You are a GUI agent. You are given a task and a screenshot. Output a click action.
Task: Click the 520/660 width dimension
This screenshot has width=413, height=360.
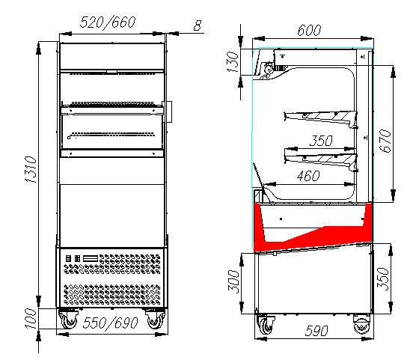click(108, 22)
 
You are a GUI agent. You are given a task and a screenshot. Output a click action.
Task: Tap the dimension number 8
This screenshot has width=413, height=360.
click(198, 25)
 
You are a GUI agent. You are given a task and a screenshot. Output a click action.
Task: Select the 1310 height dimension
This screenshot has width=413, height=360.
click(31, 169)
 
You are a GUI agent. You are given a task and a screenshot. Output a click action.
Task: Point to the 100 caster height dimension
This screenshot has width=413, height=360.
click(31, 319)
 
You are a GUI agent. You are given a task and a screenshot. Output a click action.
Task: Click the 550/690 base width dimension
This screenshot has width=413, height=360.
click(111, 323)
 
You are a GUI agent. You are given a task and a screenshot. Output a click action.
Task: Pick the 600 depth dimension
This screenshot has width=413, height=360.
click(309, 30)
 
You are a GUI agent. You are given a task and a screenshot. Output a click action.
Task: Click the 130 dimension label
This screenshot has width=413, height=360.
click(233, 62)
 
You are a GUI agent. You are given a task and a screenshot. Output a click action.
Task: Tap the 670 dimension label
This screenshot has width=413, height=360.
click(385, 141)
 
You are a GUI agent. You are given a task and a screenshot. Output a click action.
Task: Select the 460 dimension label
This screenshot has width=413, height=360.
click(308, 176)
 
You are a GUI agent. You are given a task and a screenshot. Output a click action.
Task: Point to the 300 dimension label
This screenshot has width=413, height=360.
click(233, 281)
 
